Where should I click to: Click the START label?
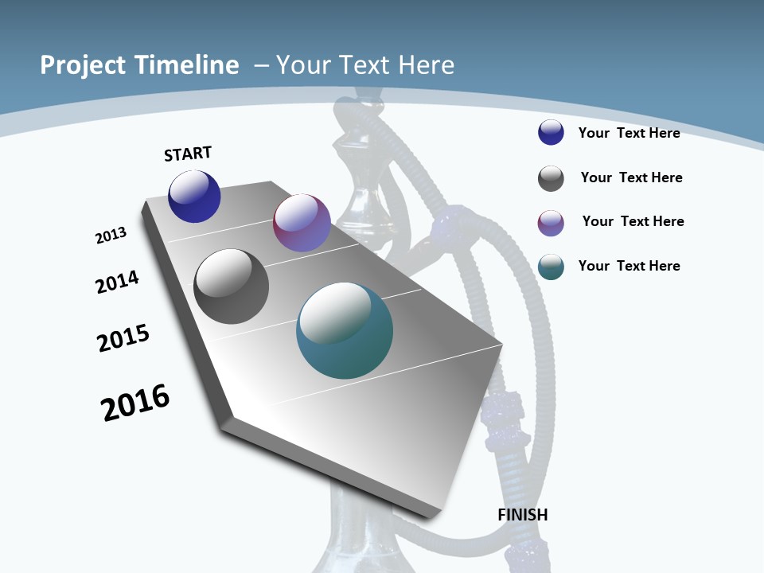click(x=188, y=154)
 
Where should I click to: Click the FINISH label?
click(x=523, y=515)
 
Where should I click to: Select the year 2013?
click(x=111, y=236)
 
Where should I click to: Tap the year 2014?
click(x=117, y=283)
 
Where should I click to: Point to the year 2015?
click(x=123, y=338)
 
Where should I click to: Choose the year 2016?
click(x=135, y=403)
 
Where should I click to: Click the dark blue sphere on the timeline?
click(x=194, y=197)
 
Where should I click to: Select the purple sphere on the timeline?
click(x=302, y=223)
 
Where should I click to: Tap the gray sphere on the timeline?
click(x=231, y=286)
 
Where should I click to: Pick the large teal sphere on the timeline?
click(x=345, y=330)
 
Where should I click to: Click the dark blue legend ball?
click(x=551, y=132)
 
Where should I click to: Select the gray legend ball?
click(x=551, y=178)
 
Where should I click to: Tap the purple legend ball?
click(x=551, y=223)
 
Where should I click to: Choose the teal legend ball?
click(x=551, y=267)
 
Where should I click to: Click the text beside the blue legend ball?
click(x=629, y=133)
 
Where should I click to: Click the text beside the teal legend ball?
click(x=629, y=266)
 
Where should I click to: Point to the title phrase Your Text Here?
click(x=365, y=65)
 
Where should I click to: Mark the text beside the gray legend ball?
click(x=631, y=177)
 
